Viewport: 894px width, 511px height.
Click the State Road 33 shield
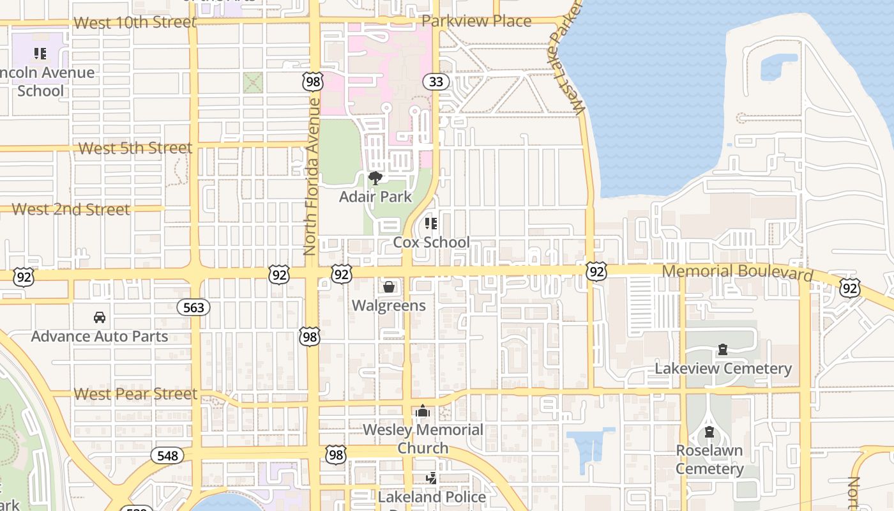[x=436, y=82]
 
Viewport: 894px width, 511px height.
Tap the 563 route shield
[x=193, y=308]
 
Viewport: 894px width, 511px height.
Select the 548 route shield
[x=167, y=455]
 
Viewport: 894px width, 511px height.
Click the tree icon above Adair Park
[x=375, y=178]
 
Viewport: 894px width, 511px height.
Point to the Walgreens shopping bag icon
[x=388, y=287]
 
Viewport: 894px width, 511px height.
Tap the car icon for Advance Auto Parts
[x=100, y=317]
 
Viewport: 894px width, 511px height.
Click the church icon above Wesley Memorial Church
[x=422, y=412]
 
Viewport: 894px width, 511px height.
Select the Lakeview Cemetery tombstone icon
[x=723, y=349]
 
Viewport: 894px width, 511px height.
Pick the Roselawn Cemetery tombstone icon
[x=709, y=432]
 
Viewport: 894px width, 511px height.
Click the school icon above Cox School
[x=431, y=224]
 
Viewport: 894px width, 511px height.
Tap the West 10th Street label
[x=135, y=22]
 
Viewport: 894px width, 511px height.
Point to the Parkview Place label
[x=476, y=21]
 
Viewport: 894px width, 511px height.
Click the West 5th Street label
[x=135, y=148]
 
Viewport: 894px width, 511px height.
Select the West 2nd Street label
[x=71, y=210]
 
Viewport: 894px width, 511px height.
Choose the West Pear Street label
[x=135, y=394]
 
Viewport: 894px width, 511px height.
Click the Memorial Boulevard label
[x=738, y=272]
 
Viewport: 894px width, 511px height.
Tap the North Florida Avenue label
[x=311, y=176]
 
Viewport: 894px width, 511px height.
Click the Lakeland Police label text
[x=432, y=497]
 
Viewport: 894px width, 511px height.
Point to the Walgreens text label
[x=389, y=305]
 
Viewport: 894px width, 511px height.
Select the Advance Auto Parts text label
[x=100, y=337]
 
